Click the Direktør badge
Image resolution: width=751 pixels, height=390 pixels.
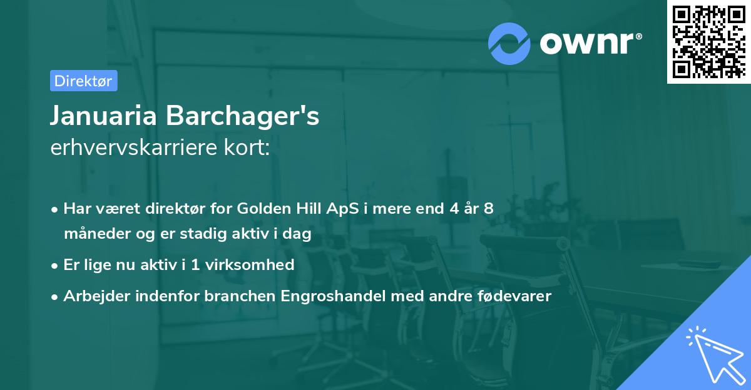(x=83, y=81)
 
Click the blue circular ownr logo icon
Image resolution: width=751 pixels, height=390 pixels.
(x=509, y=43)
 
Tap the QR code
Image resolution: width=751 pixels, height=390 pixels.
(x=708, y=41)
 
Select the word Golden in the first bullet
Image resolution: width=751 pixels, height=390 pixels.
(x=261, y=209)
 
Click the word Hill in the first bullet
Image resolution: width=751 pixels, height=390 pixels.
(x=308, y=209)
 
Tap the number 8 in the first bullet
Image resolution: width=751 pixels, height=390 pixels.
(x=488, y=209)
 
